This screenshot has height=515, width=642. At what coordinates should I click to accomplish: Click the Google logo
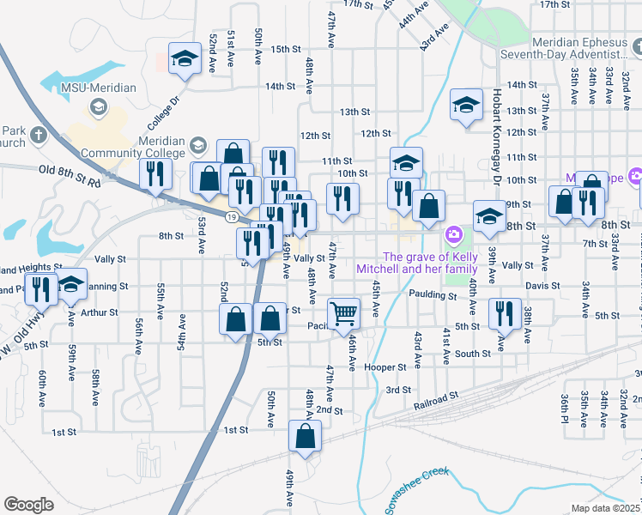click(28, 505)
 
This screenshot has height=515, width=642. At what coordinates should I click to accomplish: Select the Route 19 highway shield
click(232, 218)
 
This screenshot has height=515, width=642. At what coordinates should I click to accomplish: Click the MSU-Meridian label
click(88, 88)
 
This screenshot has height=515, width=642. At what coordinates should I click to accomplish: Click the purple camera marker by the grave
click(452, 234)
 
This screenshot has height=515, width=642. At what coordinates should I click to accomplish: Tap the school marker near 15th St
click(184, 58)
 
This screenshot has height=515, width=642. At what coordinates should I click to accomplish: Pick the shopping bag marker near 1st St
click(305, 413)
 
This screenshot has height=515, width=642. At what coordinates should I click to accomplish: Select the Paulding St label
click(434, 294)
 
